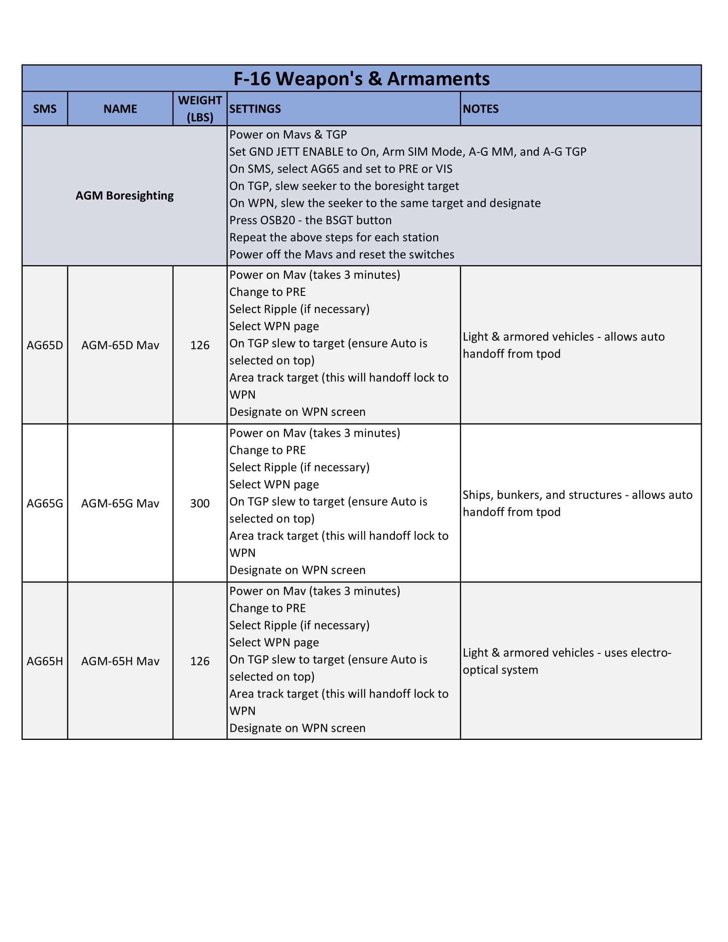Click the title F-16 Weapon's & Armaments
click(361, 79)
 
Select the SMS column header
click(45, 109)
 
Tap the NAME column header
click(120, 109)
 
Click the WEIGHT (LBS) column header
click(200, 109)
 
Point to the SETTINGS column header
click(255, 109)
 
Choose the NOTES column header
click(480, 109)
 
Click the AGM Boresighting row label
click(125, 196)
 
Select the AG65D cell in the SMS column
click(45, 345)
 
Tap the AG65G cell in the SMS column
click(45, 504)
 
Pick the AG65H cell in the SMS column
click(45, 661)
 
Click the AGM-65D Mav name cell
click(120, 345)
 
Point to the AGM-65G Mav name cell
click(120, 504)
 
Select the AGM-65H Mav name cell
click(120, 661)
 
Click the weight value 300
click(200, 504)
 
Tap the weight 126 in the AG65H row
click(200, 661)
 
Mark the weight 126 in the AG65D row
click(200, 345)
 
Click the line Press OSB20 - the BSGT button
click(310, 221)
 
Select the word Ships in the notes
click(477, 495)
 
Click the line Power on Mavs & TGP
click(288, 134)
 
